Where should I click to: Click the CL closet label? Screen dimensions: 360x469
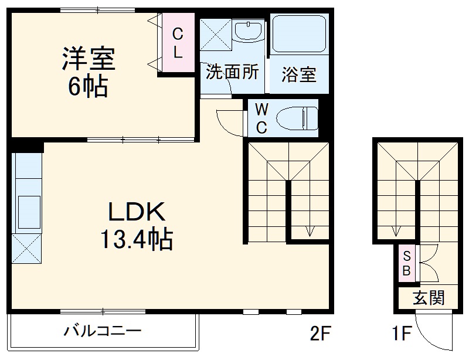[178, 42]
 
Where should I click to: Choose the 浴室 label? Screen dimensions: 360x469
[298, 75]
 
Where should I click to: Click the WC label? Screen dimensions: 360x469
[262, 118]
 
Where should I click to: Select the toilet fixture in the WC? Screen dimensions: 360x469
[295, 118]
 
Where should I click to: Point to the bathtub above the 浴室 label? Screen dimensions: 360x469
[299, 35]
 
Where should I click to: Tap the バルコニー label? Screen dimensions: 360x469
[103, 332]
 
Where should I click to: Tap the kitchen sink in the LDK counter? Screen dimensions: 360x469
[27, 208]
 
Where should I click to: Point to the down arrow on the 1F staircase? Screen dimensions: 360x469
[396, 229]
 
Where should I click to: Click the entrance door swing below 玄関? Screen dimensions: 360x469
[436, 335]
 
